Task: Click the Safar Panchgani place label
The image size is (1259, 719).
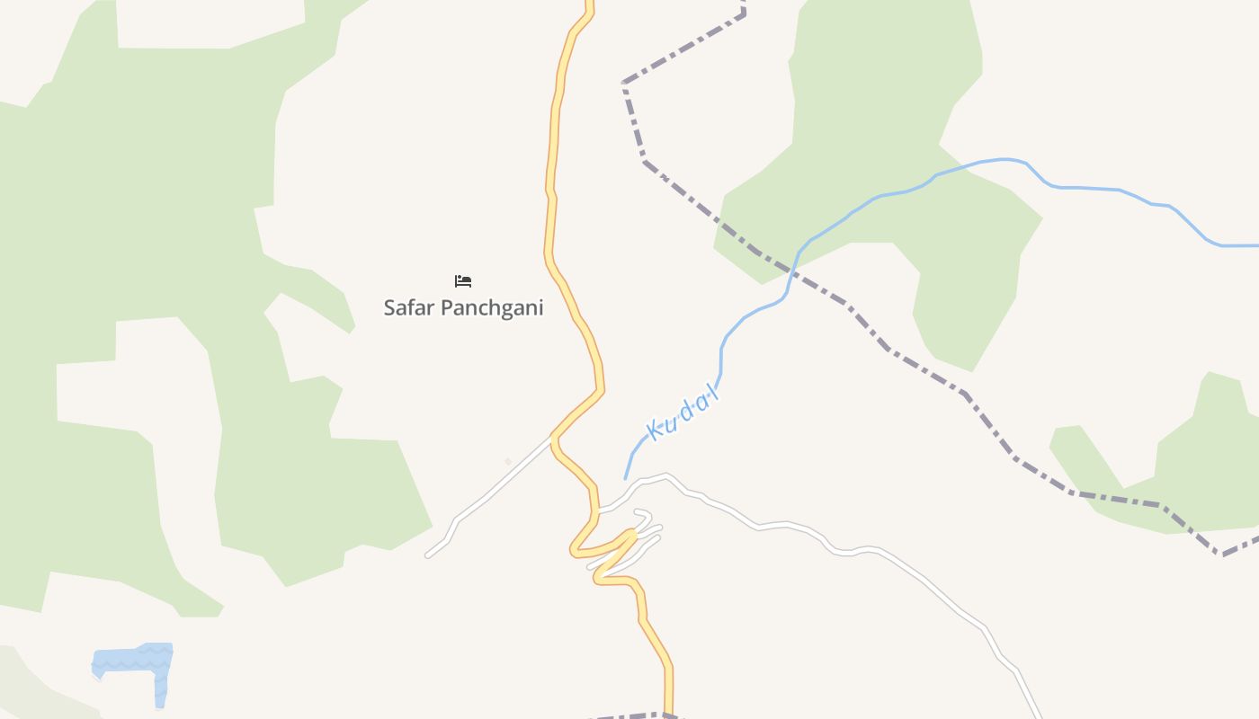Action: tap(463, 307)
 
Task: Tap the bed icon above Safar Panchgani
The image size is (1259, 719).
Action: tap(463, 281)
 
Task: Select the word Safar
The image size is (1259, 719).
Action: tap(409, 307)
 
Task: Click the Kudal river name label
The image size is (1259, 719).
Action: tap(684, 416)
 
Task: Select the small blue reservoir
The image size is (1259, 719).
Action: tap(135, 663)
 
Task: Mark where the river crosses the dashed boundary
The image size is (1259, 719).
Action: tap(792, 269)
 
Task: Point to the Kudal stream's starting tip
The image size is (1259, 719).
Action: tap(626, 478)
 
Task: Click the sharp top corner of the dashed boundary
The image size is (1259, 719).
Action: tap(623, 84)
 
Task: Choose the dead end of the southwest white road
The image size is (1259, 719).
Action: tap(428, 555)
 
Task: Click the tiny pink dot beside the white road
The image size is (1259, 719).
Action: tap(508, 462)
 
